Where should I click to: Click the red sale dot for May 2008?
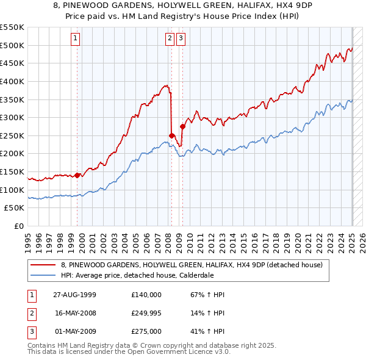(x=172, y=135)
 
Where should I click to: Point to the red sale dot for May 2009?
(x=182, y=126)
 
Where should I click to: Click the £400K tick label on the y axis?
(x=12, y=81)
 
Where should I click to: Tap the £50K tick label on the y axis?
(x=15, y=208)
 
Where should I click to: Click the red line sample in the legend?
(x=43, y=265)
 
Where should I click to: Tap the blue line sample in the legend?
(x=43, y=275)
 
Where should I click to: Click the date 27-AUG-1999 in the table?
(x=74, y=295)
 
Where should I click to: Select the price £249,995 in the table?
(x=146, y=313)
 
